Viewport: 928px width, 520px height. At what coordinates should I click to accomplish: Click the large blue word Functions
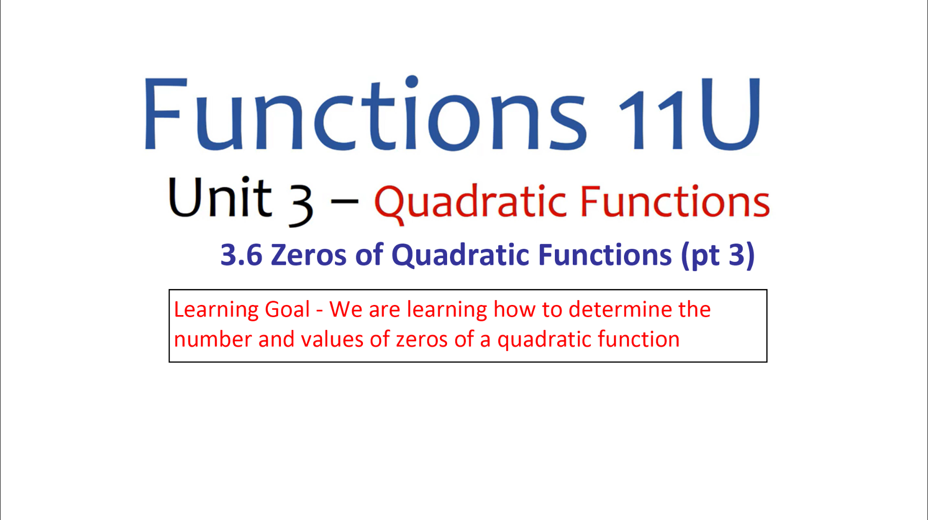pos(366,114)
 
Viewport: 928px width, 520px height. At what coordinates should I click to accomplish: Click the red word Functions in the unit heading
pos(675,201)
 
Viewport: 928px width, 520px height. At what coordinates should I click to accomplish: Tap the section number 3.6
pos(241,255)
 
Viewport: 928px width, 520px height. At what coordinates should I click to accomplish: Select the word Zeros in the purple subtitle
pos(308,255)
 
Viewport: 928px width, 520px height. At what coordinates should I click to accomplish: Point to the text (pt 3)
pos(718,256)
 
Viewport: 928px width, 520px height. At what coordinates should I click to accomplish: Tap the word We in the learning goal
pos(346,309)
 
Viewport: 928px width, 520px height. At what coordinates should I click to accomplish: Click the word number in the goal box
pos(213,339)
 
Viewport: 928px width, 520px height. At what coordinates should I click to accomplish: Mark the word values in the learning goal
pos(332,339)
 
